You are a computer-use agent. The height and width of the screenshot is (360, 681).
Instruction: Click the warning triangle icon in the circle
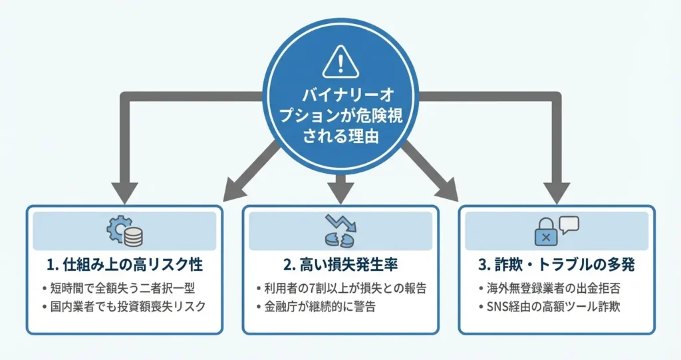coord(340,61)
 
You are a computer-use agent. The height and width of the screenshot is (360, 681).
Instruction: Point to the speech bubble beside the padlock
coord(569,225)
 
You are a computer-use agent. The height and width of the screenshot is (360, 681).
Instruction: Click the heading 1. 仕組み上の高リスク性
coord(124,265)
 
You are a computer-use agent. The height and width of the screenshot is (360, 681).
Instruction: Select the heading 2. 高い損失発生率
coord(340,265)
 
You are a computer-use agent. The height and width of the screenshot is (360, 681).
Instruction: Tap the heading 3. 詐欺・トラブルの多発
coord(557,265)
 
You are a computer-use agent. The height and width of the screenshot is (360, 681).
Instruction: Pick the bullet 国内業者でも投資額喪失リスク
coord(124,307)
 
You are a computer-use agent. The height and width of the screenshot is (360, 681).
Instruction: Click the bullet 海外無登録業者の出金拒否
coord(547,289)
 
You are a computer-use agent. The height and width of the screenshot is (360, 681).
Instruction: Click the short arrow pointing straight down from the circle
coord(340,188)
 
